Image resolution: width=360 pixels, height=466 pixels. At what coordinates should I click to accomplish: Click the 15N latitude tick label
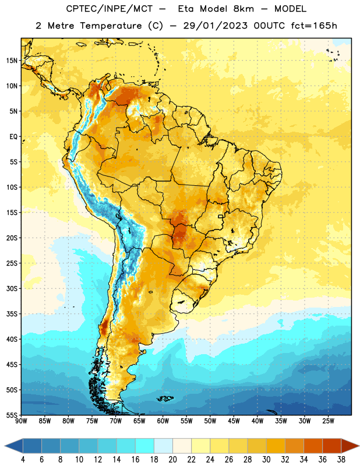(12, 61)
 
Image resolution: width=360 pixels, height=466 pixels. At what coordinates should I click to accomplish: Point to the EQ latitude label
(13, 137)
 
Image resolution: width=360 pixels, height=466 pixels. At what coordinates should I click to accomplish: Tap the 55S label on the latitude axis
(12, 415)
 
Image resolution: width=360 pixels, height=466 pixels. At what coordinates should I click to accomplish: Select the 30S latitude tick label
(12, 288)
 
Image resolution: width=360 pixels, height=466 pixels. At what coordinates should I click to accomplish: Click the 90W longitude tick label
(22, 421)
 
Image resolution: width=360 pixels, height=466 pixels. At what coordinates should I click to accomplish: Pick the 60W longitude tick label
(163, 421)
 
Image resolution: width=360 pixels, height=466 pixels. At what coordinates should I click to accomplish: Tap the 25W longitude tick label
(328, 421)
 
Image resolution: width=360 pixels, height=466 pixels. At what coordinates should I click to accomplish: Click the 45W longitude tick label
(234, 421)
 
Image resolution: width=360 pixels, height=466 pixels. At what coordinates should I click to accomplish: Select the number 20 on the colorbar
(172, 460)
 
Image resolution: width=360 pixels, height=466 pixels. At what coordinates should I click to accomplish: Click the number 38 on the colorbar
(341, 460)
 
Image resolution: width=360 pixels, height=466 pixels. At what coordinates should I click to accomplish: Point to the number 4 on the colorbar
(23, 460)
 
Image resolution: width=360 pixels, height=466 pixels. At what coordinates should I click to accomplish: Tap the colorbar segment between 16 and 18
(145, 446)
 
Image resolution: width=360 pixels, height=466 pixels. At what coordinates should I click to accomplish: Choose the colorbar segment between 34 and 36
(313, 446)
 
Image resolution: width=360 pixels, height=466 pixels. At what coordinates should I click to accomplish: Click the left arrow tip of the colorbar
(5, 446)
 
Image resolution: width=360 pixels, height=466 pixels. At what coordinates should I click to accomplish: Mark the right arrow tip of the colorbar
(359, 446)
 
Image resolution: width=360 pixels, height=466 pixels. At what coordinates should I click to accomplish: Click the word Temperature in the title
(111, 26)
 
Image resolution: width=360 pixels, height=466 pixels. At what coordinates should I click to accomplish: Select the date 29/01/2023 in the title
(215, 26)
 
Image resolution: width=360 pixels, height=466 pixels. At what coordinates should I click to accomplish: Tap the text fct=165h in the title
(314, 26)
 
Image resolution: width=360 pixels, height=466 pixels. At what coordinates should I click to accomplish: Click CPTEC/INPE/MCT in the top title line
(109, 9)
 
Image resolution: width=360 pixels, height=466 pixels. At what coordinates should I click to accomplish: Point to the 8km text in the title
(243, 9)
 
